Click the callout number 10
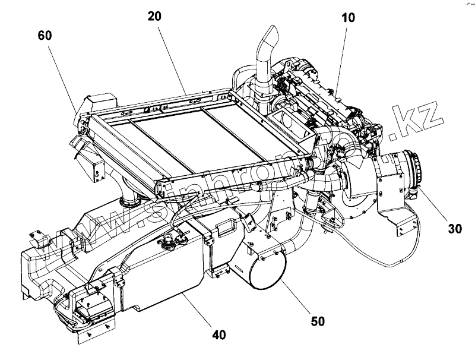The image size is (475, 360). pos(348,17)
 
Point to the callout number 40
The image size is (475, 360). pos(219,336)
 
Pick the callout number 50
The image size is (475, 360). pos(318,321)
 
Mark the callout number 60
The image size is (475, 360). pos(45,35)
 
